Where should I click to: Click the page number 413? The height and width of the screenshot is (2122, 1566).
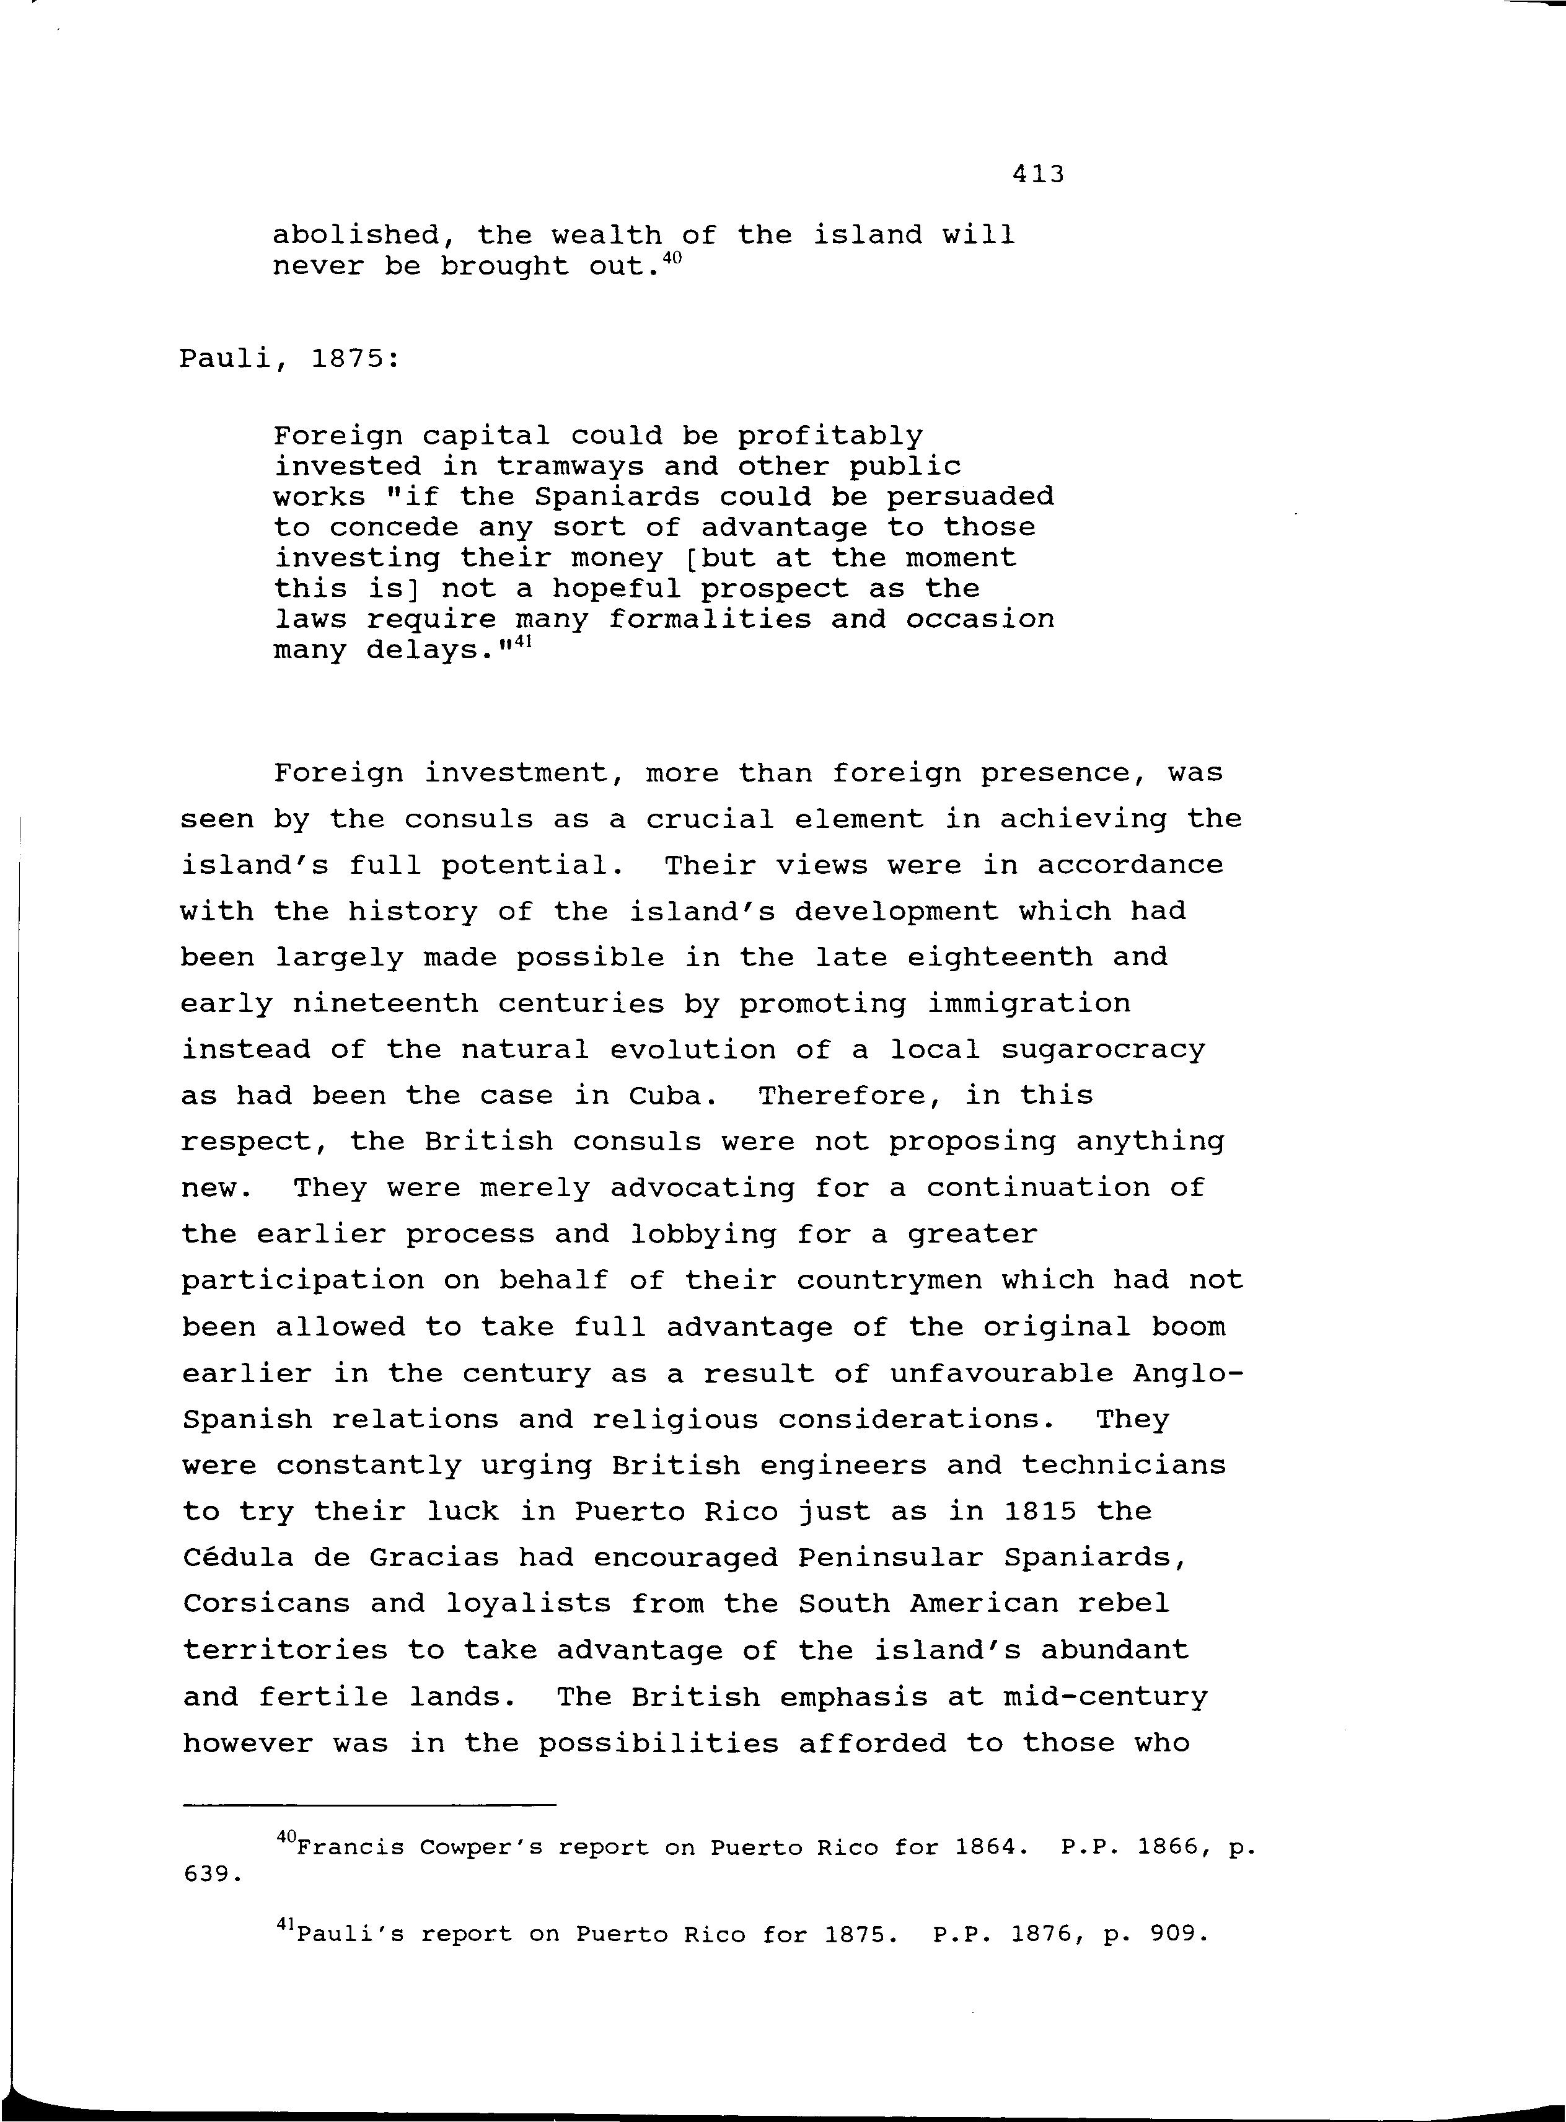tap(1038, 174)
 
